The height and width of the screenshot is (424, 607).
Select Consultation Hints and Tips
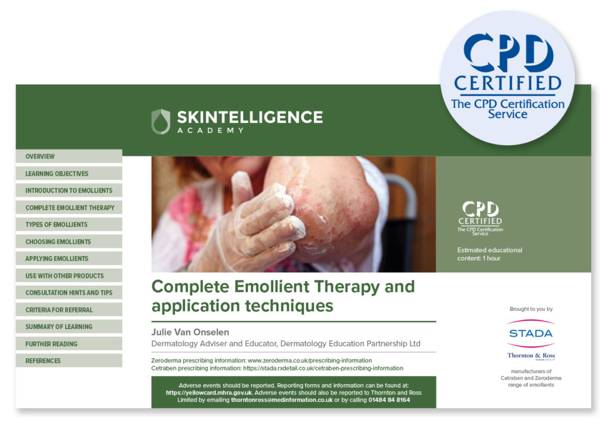(69, 293)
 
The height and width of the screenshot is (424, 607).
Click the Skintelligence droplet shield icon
(161, 121)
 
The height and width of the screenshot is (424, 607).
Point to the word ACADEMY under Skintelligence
(210, 130)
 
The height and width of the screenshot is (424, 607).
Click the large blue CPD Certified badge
(507, 77)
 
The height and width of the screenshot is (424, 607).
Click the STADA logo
(531, 333)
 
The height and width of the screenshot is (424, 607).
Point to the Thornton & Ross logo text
(531, 356)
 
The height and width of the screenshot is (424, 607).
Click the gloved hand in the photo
(249, 225)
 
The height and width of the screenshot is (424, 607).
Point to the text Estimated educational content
(490, 254)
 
